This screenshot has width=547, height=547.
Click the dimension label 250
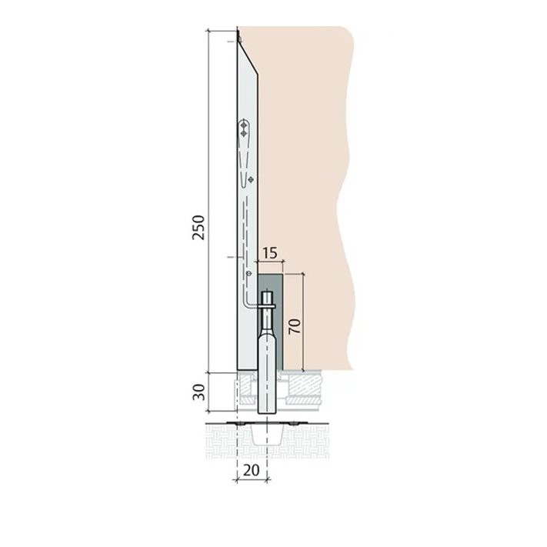click(x=198, y=228)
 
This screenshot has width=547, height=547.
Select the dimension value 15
click(x=270, y=253)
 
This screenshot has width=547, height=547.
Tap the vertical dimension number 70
click(x=295, y=326)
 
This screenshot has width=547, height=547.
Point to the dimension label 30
click(x=198, y=392)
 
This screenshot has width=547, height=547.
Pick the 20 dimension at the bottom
click(x=252, y=471)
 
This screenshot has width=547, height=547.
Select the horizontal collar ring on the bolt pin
click(x=268, y=306)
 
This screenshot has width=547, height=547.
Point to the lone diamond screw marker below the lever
click(x=251, y=179)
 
